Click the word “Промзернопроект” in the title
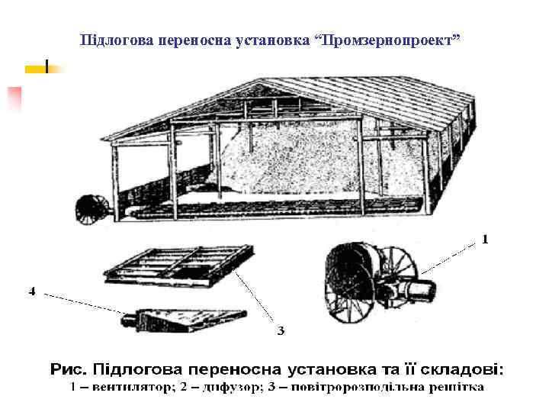click(391, 38)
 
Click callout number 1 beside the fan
click(485, 240)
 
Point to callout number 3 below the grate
click(281, 330)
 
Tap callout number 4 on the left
click(32, 291)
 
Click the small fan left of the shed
click(90, 208)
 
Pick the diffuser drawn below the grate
click(183, 318)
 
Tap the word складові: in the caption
click(461, 371)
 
